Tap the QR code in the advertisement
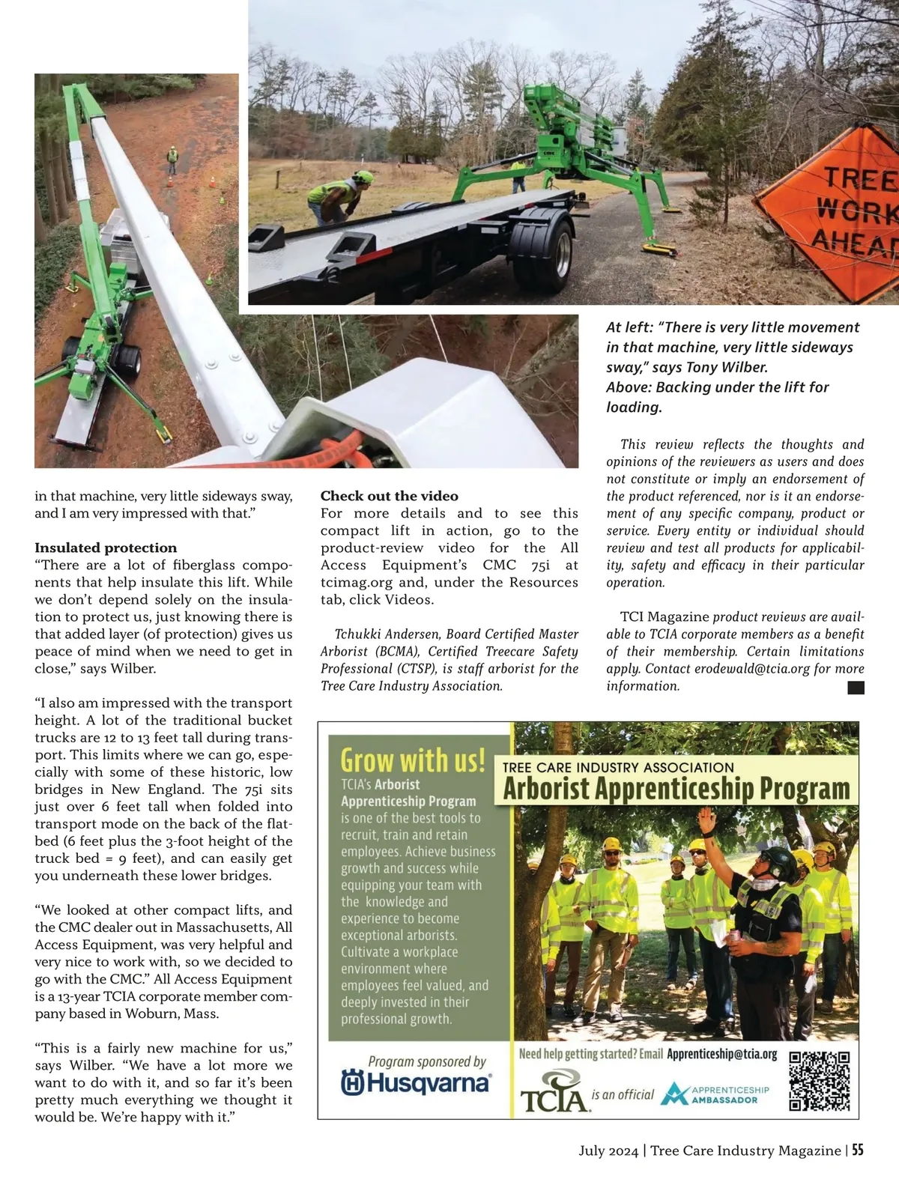[x=820, y=1081]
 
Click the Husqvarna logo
[x=416, y=1082]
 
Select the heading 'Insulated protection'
[x=106, y=548]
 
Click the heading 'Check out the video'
[x=389, y=496]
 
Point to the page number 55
[x=857, y=1150]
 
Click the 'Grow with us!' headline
[x=413, y=760]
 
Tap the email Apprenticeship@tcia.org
[x=721, y=1054]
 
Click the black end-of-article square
[x=856, y=688]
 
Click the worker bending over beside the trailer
[x=342, y=196]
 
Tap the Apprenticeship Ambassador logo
[x=715, y=1094]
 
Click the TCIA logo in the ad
[x=553, y=1092]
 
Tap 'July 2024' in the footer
[x=608, y=1151]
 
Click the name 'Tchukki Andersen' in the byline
[x=381, y=634]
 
